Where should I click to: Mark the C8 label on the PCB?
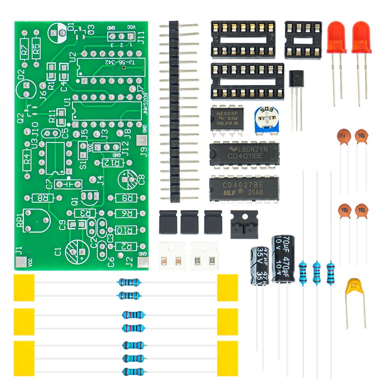(141, 179)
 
